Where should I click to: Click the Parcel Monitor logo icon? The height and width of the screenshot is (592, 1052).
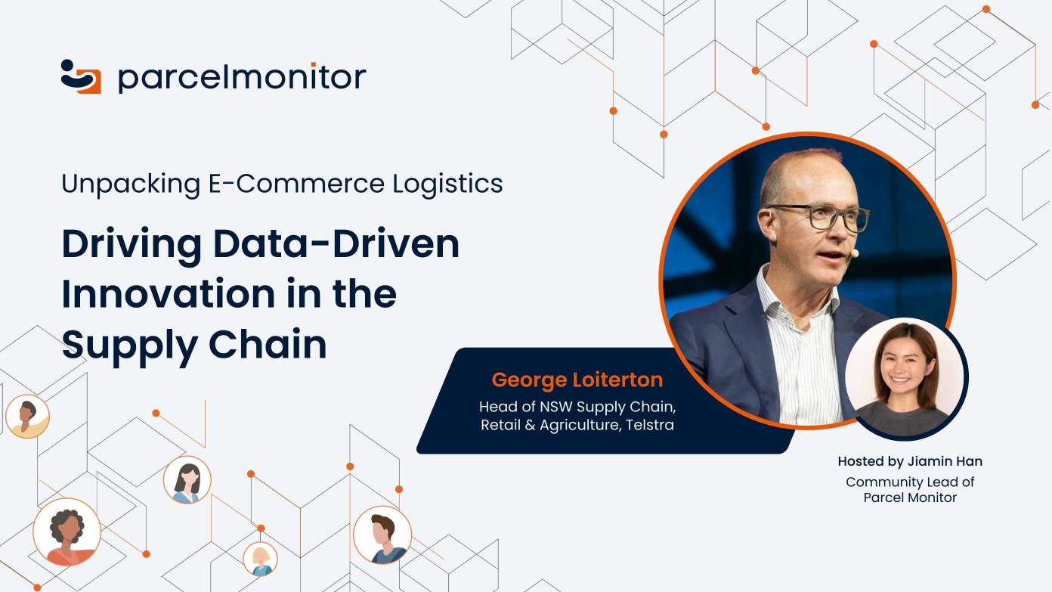(x=81, y=76)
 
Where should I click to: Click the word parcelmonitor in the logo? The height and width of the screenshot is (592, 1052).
(x=242, y=78)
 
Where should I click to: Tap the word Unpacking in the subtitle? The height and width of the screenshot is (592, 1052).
(x=131, y=184)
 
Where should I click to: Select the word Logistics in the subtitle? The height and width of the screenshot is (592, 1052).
(x=447, y=184)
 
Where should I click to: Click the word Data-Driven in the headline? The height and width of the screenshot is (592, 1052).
(x=336, y=244)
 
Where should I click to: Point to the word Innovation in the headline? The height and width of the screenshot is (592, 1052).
(x=169, y=293)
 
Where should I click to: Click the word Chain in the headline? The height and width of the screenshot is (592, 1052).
(x=268, y=344)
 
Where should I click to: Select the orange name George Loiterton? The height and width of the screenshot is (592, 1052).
(x=577, y=380)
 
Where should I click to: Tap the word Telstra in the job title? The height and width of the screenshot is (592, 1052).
(x=650, y=425)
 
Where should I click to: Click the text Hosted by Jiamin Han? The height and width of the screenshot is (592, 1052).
(x=910, y=461)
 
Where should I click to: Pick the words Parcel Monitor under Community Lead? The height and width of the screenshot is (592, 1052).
(x=910, y=497)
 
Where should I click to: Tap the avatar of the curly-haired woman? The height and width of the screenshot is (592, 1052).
(x=67, y=532)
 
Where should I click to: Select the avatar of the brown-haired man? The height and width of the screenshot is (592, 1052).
(x=382, y=535)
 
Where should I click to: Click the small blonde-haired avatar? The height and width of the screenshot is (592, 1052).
(x=260, y=559)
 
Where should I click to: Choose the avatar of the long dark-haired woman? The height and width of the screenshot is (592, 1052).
(x=187, y=479)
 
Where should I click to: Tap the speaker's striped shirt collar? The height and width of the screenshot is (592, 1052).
(x=798, y=293)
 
